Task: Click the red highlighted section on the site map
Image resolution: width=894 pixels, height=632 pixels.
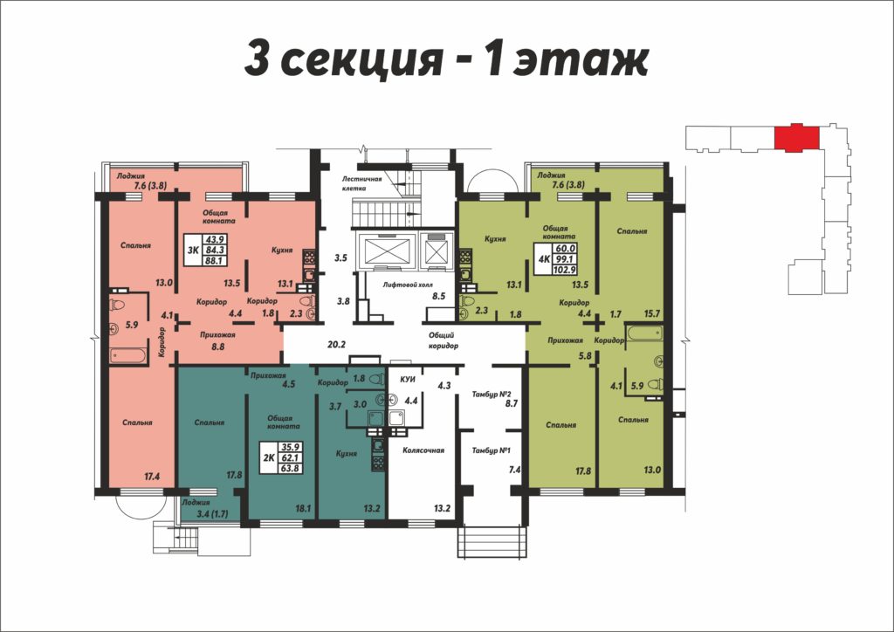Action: pos(796,137)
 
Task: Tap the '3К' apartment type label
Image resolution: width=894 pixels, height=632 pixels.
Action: pos(193,250)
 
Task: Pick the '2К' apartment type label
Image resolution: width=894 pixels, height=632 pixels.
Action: pos(269,457)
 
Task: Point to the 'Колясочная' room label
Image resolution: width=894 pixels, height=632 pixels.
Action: pos(423,450)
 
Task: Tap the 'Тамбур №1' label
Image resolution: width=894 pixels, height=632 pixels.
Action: pos(491,450)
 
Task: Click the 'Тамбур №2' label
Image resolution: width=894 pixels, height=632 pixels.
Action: pos(491,394)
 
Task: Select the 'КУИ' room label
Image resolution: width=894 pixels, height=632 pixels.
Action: pos(407,379)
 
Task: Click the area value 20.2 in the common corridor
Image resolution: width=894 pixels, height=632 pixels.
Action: pos(337,344)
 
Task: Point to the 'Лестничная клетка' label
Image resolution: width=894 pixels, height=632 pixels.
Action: pos(362,183)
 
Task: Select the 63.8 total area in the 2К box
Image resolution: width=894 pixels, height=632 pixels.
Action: pos(290,469)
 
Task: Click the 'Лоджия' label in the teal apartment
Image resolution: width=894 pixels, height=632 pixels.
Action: pos(196,503)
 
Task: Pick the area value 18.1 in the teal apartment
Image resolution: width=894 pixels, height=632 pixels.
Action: pos(303,508)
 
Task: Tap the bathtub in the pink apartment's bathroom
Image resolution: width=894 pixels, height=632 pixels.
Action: pos(128,356)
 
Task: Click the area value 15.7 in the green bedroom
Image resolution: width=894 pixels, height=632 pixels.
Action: pos(651,313)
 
